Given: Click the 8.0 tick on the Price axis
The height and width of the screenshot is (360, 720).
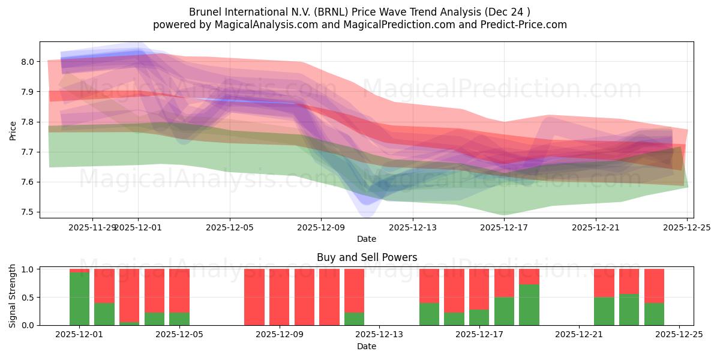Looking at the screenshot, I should point(28,62).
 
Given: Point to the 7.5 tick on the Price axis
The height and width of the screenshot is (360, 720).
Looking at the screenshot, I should point(28,212).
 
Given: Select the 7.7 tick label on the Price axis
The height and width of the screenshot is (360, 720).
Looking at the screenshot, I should point(28,152).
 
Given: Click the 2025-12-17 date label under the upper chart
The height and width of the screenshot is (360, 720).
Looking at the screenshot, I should point(504,227).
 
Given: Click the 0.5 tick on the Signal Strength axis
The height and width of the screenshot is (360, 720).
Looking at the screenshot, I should point(28,298).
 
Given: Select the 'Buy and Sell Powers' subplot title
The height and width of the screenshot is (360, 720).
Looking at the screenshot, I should point(367,257).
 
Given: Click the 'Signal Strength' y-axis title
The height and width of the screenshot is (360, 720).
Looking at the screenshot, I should point(13,296).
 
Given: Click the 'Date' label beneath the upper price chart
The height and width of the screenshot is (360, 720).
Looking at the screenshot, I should point(367,239).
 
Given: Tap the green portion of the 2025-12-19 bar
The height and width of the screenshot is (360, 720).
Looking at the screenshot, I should point(529,305).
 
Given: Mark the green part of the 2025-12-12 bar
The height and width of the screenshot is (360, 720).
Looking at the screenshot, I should point(355,319).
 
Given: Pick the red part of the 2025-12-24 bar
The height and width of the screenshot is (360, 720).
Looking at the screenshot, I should point(654,286).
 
